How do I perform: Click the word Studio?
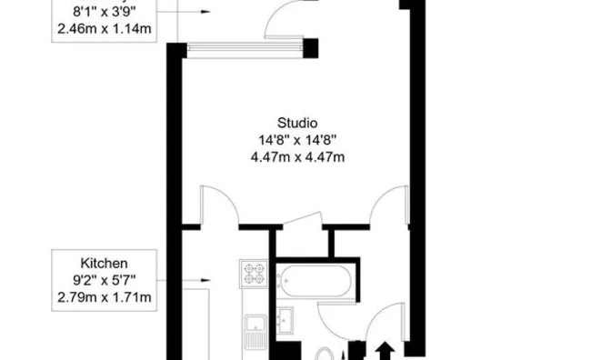(297, 122)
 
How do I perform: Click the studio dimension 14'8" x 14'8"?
(297, 139)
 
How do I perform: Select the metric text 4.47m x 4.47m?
(297, 156)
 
